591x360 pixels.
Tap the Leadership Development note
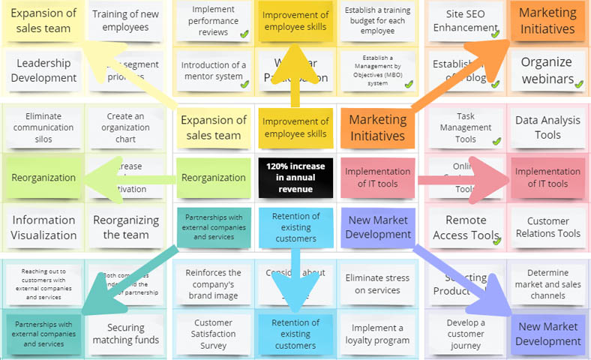pyautogui.click(x=46, y=70)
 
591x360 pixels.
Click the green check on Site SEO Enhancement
pyautogui.click(x=495, y=34)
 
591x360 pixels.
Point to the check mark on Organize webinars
pyautogui.click(x=578, y=84)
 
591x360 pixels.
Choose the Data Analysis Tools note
pyautogui.click(x=547, y=127)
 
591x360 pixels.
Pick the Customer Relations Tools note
pyautogui.click(x=547, y=226)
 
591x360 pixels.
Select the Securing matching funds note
pyautogui.click(x=125, y=333)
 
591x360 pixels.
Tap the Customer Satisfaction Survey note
pyautogui.click(x=213, y=333)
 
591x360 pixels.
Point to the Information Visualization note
pyautogui.click(x=43, y=226)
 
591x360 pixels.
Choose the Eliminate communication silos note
pyautogui.click(x=43, y=127)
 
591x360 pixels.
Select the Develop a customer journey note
pyautogui.click(x=465, y=333)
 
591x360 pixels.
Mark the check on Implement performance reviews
pyautogui.click(x=244, y=34)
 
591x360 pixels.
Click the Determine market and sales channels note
pyautogui.click(x=547, y=283)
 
